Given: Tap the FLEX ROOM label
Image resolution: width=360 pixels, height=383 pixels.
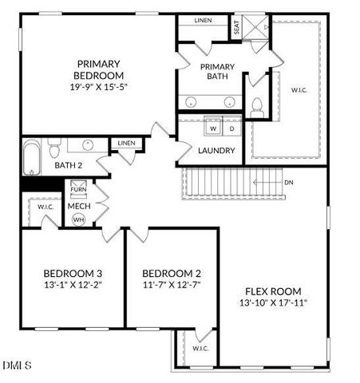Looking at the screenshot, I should pos(273,290).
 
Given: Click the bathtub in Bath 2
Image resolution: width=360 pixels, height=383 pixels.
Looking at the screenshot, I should pos(30,157).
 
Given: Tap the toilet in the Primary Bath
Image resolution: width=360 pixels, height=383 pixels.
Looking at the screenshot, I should pos(257,105).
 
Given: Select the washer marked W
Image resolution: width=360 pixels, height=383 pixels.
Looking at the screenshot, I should pos(213,128).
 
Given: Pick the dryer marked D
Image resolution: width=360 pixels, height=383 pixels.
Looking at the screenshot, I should pos(231,128).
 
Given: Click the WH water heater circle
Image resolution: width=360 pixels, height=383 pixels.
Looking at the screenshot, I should pos(78,219).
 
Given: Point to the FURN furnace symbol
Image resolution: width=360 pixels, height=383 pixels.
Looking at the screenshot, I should pos(78,189).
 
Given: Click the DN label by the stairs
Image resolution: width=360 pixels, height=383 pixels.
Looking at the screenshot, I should pos(288,182).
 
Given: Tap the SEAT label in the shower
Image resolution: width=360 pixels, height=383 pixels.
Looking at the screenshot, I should pos(237,27).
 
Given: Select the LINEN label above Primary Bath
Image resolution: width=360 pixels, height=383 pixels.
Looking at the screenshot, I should pos(204,21).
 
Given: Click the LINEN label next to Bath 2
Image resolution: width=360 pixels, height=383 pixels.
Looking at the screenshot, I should pos(125,144).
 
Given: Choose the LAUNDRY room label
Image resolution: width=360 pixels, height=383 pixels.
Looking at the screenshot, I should pos(217,150).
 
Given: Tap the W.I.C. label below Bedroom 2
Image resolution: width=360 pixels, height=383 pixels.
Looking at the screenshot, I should pos(200,349).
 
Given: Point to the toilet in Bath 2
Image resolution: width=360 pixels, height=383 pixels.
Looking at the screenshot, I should pos(54,148).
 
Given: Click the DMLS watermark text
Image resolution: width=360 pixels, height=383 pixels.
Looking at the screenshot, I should pos(17,366).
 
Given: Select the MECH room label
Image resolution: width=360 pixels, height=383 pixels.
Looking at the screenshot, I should pos(78,206).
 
